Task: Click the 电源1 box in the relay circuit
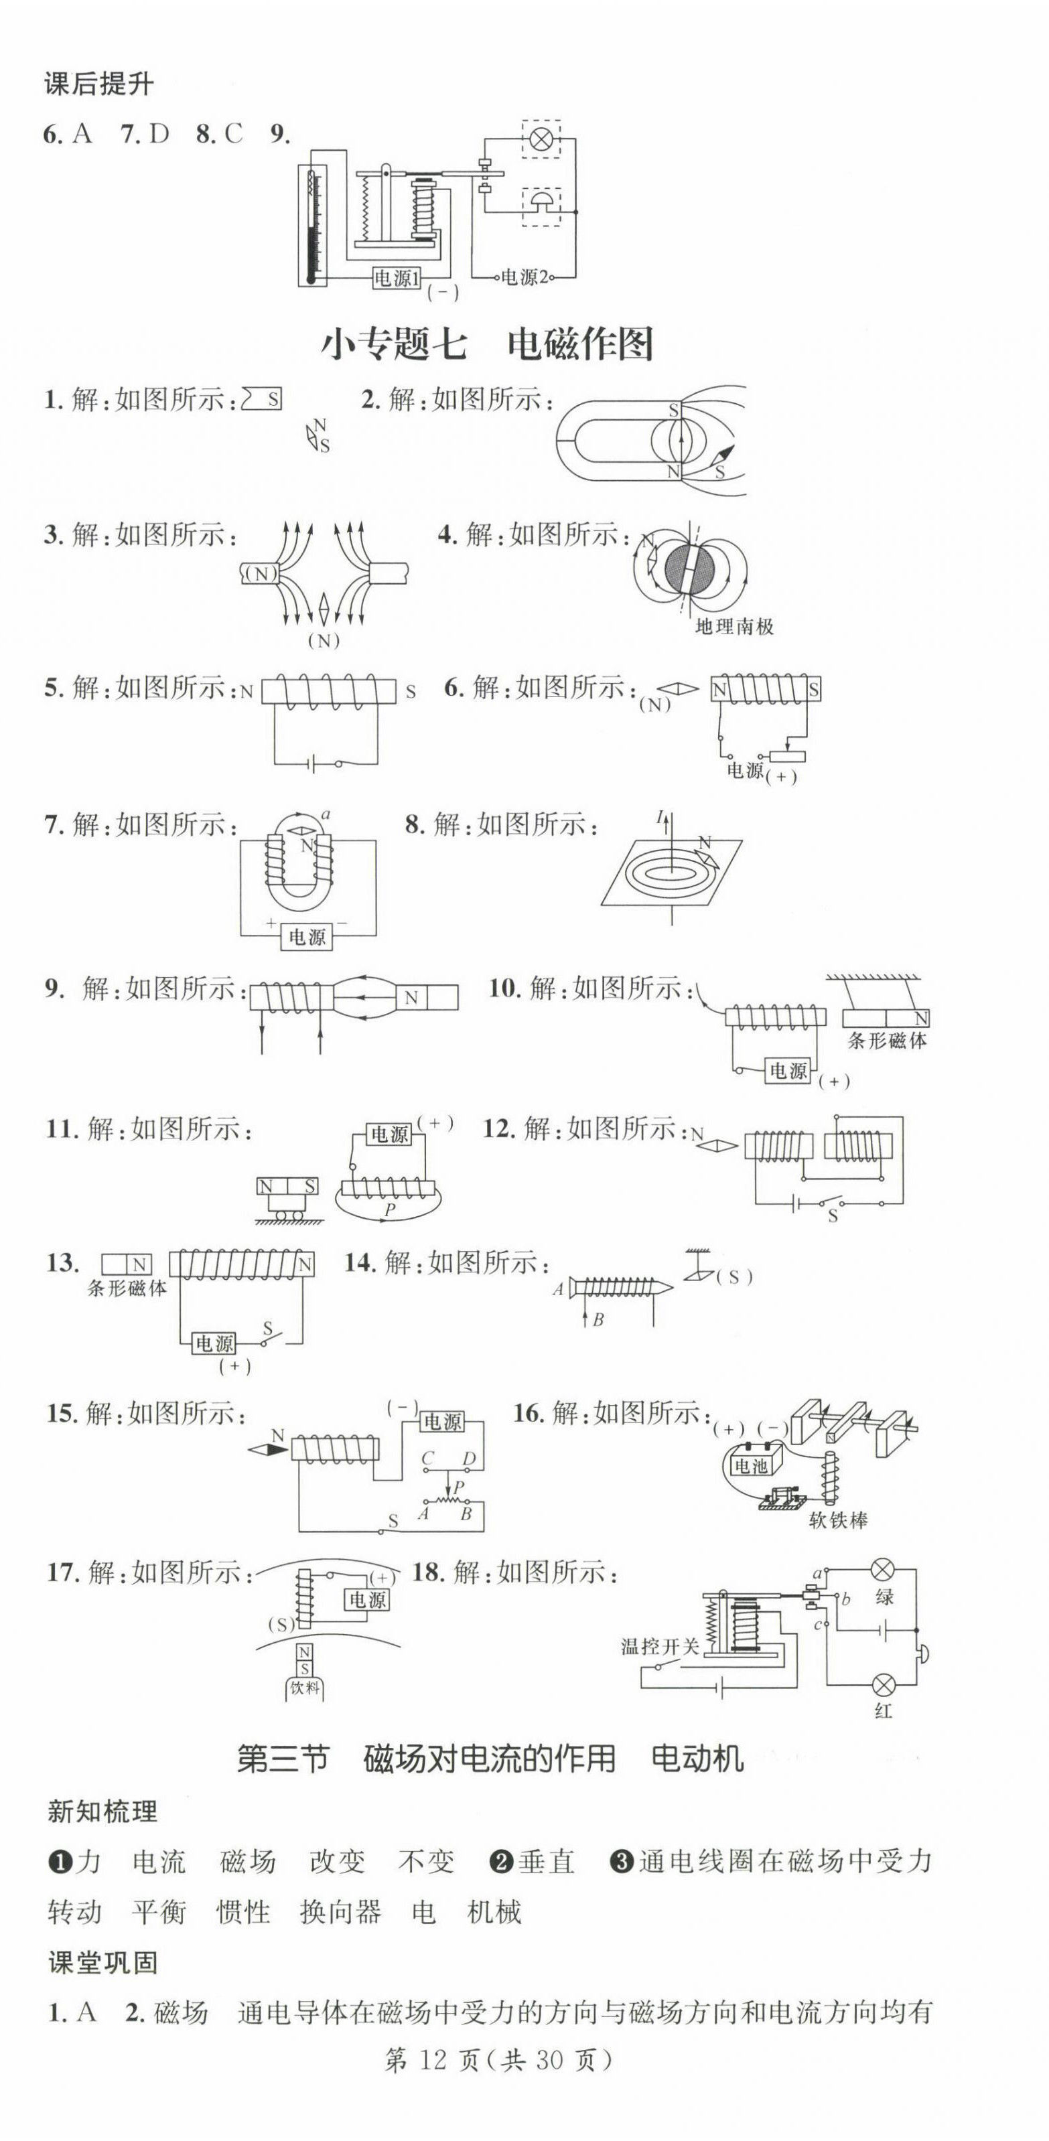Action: point(397,278)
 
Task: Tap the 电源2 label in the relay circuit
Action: point(524,278)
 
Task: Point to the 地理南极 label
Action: point(734,627)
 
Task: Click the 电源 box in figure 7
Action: point(307,937)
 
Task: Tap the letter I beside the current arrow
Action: point(660,818)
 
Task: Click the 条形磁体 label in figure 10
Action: point(887,1041)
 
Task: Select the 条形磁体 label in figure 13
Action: point(127,1288)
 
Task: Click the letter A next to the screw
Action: point(558,1289)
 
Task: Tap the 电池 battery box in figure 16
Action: point(752,1465)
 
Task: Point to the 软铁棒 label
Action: point(838,1520)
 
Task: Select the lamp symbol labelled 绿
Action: point(882,1569)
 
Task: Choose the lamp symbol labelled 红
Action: point(883,1685)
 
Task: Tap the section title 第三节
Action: point(283,1759)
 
